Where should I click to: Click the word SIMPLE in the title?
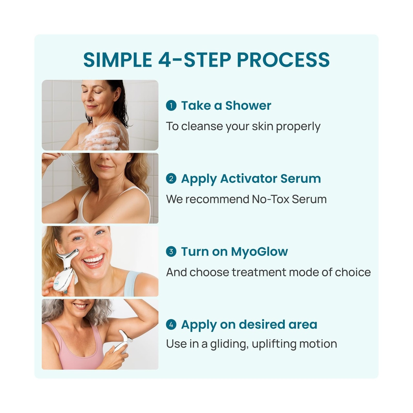point(118,60)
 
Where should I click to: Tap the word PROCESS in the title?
point(283,60)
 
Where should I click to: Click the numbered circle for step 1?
point(171,105)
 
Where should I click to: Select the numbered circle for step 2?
point(171,178)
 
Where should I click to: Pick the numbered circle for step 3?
point(171,251)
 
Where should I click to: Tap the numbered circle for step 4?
point(171,324)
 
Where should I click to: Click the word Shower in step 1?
point(248,105)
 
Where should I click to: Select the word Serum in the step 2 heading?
point(301,178)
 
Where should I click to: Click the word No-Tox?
point(271,199)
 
